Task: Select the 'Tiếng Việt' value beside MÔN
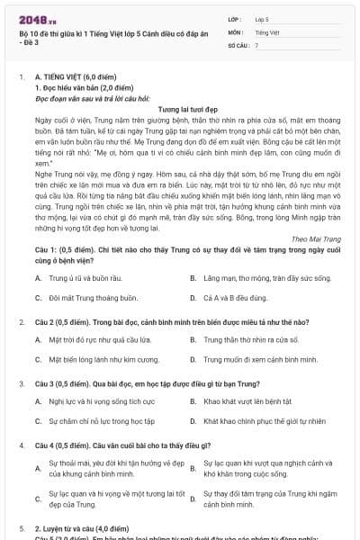click(266, 31)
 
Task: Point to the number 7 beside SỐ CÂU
click(256, 43)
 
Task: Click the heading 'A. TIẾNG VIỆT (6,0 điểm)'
click(74, 78)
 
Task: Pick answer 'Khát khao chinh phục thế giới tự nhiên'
click(259, 420)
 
